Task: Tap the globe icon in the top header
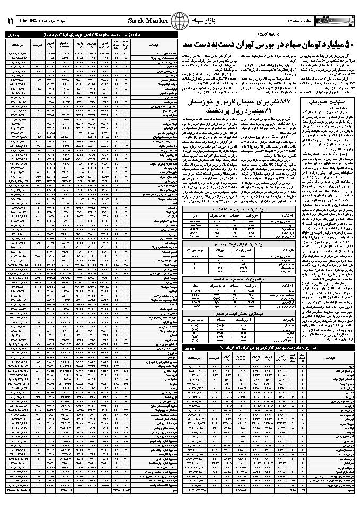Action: [182, 21]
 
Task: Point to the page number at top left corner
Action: [11, 21]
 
